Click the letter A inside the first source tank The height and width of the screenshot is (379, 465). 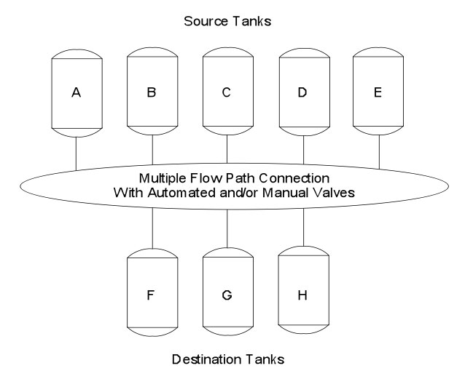point(76,92)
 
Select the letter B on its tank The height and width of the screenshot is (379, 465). point(152,92)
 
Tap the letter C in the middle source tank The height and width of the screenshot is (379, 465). point(227,92)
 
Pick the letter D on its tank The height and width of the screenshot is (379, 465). point(303,92)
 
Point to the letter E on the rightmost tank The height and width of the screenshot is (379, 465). point(379,92)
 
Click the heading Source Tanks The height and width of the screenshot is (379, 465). point(228,22)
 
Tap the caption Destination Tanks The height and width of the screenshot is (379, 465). point(228,359)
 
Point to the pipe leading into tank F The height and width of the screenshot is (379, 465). point(152,230)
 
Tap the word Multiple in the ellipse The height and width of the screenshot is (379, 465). point(168,178)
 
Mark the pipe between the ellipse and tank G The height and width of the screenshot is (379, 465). point(228,231)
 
